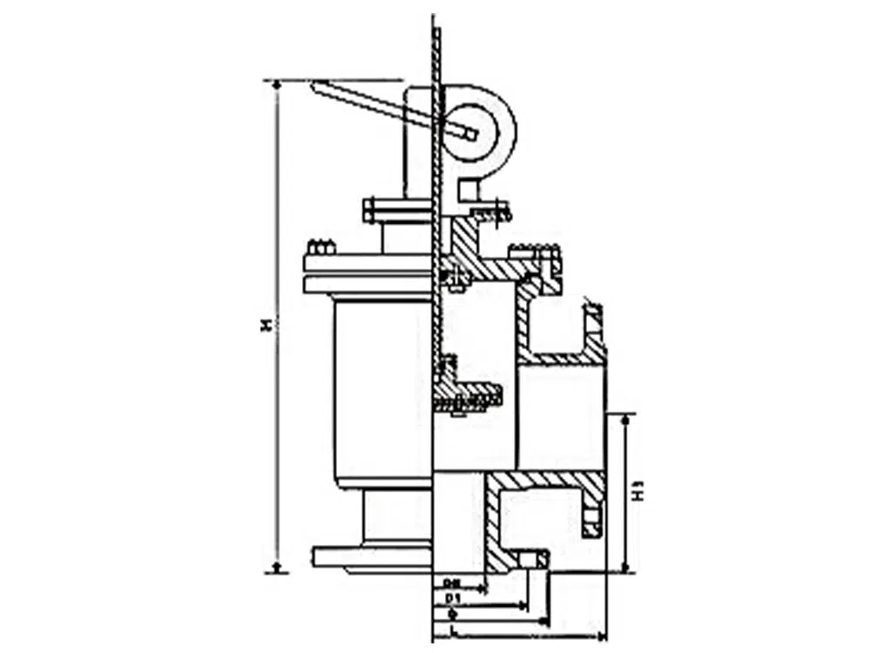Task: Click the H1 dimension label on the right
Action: point(640,492)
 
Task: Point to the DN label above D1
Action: point(451,582)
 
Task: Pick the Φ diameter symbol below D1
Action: point(452,614)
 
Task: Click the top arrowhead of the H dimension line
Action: point(277,85)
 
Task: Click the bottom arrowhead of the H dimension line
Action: point(277,568)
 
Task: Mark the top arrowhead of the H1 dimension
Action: point(625,419)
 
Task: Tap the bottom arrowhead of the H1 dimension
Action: point(625,568)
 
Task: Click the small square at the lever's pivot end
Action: point(471,133)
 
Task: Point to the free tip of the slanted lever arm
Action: point(316,84)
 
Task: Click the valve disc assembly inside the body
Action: point(467,396)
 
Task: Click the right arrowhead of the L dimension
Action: point(601,629)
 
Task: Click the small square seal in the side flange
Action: point(591,522)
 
